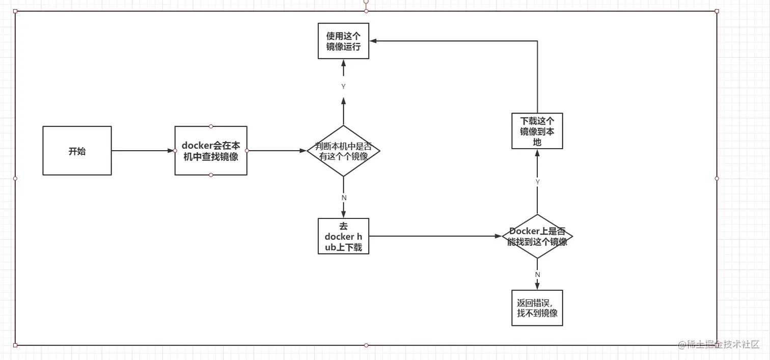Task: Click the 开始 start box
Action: coord(77,151)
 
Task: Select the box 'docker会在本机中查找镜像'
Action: coord(211,151)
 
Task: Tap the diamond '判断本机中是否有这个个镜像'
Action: coord(344,151)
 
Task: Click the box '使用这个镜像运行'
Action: coord(343,41)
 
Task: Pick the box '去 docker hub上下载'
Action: coord(343,236)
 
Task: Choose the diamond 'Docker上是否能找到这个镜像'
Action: coord(537,236)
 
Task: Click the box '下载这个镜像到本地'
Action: coord(537,131)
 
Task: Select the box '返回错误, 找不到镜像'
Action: coord(537,308)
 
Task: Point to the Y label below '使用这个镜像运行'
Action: coord(343,87)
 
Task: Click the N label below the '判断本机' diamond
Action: coord(344,198)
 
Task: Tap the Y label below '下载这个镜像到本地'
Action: coord(537,182)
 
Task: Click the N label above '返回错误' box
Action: coord(537,274)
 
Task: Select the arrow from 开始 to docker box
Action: coord(143,151)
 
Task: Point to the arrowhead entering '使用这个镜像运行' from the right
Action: coord(373,41)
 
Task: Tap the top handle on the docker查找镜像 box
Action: coord(211,126)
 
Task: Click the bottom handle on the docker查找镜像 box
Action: coord(211,175)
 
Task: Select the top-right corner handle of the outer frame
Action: coord(717,11)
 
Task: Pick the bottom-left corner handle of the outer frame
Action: coord(15,345)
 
